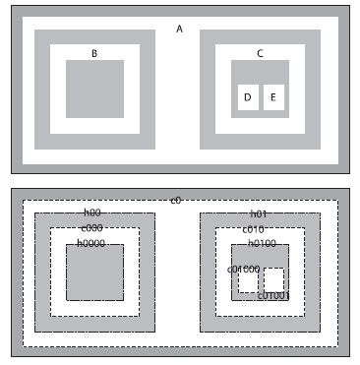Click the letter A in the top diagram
pyautogui.click(x=179, y=30)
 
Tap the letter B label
pyautogui.click(x=94, y=53)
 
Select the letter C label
pyautogui.click(x=260, y=53)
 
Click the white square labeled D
pyautogui.click(x=248, y=97)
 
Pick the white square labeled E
pyautogui.click(x=273, y=97)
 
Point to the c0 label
pyautogui.click(x=176, y=201)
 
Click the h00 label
pyautogui.click(x=91, y=213)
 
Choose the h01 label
pyautogui.click(x=259, y=213)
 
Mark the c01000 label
pyautogui.click(x=243, y=269)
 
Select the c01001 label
pyautogui.click(x=273, y=295)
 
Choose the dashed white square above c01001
pyautogui.click(x=273, y=278)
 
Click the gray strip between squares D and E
pyautogui.click(x=261, y=97)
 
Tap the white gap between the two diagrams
pyautogui.click(x=179, y=180)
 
